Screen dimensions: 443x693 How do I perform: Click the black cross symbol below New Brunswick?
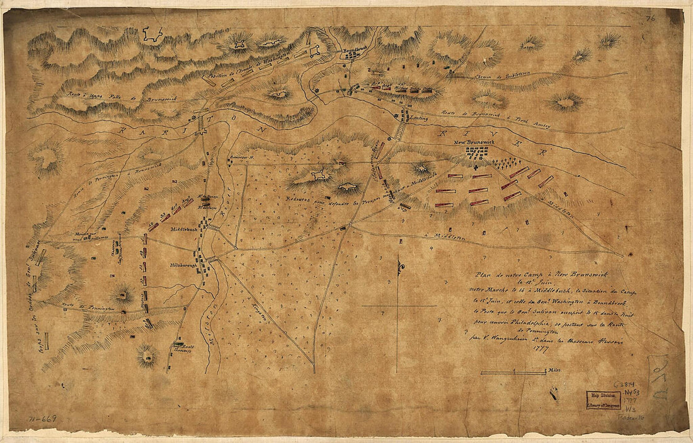[x=476, y=168]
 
